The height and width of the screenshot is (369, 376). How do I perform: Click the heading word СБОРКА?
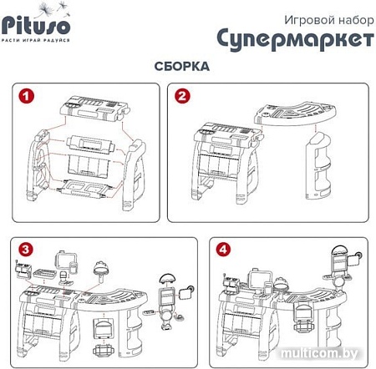(181, 65)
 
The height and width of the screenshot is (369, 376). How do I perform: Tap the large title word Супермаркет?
(293, 38)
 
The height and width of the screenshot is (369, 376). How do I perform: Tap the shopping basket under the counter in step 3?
(104, 321)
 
